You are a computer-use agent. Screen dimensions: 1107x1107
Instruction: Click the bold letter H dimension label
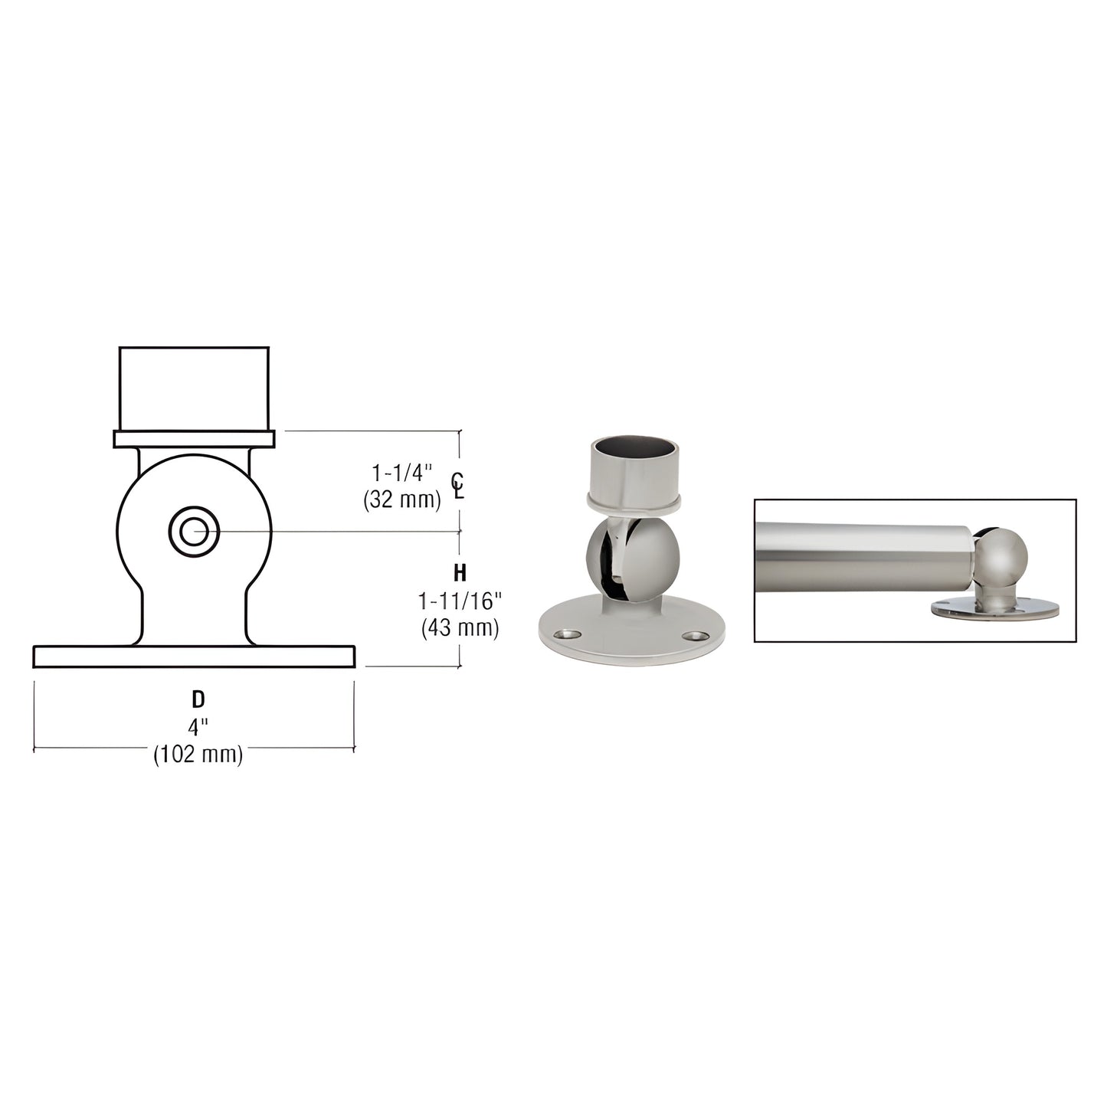coord(460,572)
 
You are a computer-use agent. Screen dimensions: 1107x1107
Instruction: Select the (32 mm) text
coord(402,500)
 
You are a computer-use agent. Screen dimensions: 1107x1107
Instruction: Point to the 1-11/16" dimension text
coord(460,601)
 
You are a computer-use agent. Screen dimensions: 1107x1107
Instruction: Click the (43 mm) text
coord(460,628)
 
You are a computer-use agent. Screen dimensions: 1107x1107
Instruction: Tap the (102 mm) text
coord(198,755)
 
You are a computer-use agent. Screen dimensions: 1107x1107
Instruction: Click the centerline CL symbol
coord(457,486)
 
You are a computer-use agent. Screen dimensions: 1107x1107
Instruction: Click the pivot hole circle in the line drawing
coord(194,530)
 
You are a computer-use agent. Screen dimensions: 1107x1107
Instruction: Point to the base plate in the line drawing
coord(194,657)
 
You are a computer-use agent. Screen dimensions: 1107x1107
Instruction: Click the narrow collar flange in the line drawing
coord(194,439)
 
